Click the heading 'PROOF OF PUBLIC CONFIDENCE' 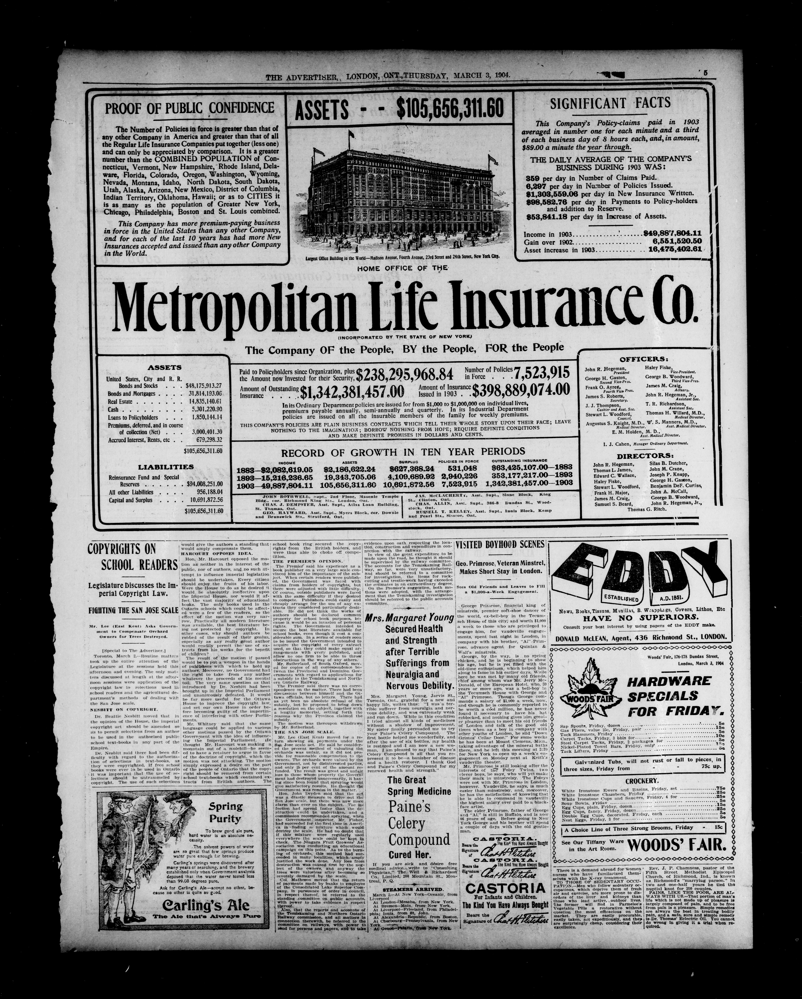tap(190, 108)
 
